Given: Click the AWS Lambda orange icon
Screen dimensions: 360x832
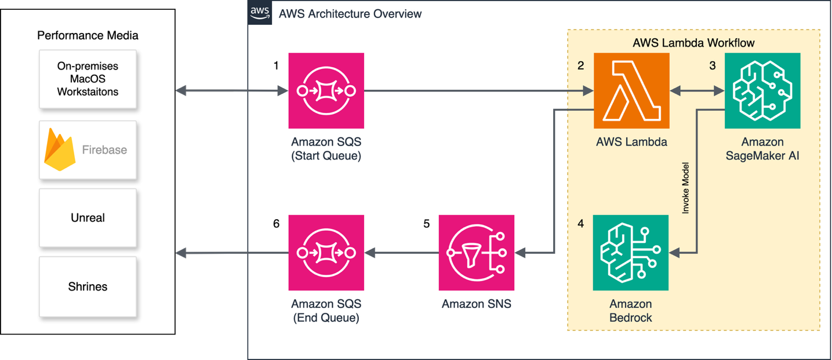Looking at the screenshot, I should point(631,90).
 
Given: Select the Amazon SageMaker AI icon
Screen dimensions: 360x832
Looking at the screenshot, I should point(762,90).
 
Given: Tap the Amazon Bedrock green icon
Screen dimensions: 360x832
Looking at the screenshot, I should point(630,253).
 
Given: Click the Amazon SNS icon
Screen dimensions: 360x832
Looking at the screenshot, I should point(476,253).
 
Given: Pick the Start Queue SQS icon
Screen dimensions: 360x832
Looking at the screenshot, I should point(326,90).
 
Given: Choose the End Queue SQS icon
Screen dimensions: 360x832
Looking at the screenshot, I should point(326,253).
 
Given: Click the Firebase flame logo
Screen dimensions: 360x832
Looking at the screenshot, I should point(60,150).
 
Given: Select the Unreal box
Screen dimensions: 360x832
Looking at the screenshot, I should point(88,218).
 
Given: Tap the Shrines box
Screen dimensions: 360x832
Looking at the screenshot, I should point(88,286).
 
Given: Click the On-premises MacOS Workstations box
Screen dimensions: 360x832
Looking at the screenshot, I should point(88,79).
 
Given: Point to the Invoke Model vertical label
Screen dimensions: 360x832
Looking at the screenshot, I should point(685,188).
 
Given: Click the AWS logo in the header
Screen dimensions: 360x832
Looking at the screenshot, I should point(260,12).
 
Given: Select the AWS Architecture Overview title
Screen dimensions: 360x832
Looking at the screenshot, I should point(350,13).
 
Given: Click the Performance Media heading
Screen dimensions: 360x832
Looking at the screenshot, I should point(88,35).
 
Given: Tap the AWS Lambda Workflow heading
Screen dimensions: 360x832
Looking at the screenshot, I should point(693,43).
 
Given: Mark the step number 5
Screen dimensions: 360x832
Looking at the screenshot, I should point(427,224).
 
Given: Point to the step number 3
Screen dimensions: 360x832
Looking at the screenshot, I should point(713,66).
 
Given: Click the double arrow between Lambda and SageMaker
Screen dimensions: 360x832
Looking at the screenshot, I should point(697,91).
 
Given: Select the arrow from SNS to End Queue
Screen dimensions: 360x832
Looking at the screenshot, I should point(401,253).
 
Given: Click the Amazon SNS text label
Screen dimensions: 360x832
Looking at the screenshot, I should point(476,304).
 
